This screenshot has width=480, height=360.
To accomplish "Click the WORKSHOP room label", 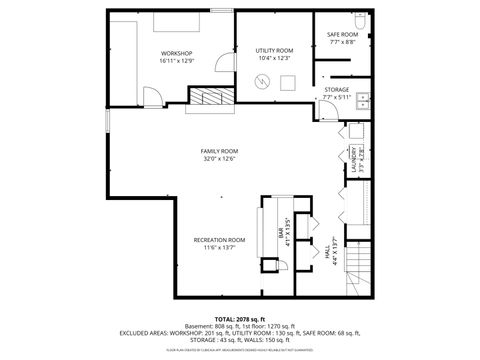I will [176, 53].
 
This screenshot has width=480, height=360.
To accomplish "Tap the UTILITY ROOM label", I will [273, 49].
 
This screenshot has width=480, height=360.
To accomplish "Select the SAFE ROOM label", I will [342, 36].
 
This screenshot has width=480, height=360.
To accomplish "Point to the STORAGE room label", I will [337, 90].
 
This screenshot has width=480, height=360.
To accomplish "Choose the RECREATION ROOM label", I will [219, 240].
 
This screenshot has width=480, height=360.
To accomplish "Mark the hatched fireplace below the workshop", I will [211, 96].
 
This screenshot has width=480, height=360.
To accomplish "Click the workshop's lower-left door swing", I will [152, 97].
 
